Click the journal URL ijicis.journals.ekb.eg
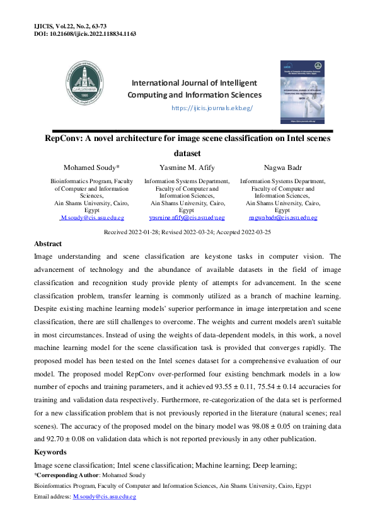(x=212, y=108)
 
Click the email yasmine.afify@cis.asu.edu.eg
(x=187, y=218)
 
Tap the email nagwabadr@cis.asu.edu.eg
(x=282, y=218)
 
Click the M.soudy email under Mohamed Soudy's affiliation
(x=92, y=218)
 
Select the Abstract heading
(x=48, y=244)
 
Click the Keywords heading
(x=50, y=452)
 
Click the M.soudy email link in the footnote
(x=105, y=497)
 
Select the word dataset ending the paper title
(x=187, y=152)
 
